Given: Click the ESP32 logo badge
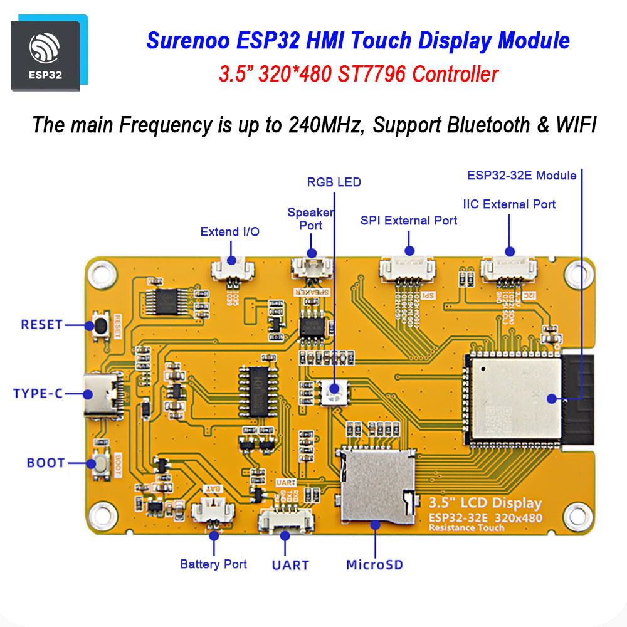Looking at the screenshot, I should [x=45, y=56].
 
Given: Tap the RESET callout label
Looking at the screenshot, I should [x=42, y=325].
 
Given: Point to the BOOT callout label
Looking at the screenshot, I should [x=46, y=463].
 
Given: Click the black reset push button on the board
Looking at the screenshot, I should [x=100, y=325].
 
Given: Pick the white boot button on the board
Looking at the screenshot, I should [x=100, y=464].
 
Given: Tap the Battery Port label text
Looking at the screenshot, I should [x=213, y=564].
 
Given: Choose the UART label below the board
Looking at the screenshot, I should [x=290, y=565].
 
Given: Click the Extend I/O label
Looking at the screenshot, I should [x=230, y=232].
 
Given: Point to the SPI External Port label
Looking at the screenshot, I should [x=409, y=221].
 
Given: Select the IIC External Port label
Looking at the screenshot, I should [x=509, y=204].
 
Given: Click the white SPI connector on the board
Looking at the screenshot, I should [x=408, y=268].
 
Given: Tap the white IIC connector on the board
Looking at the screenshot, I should [x=508, y=268].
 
